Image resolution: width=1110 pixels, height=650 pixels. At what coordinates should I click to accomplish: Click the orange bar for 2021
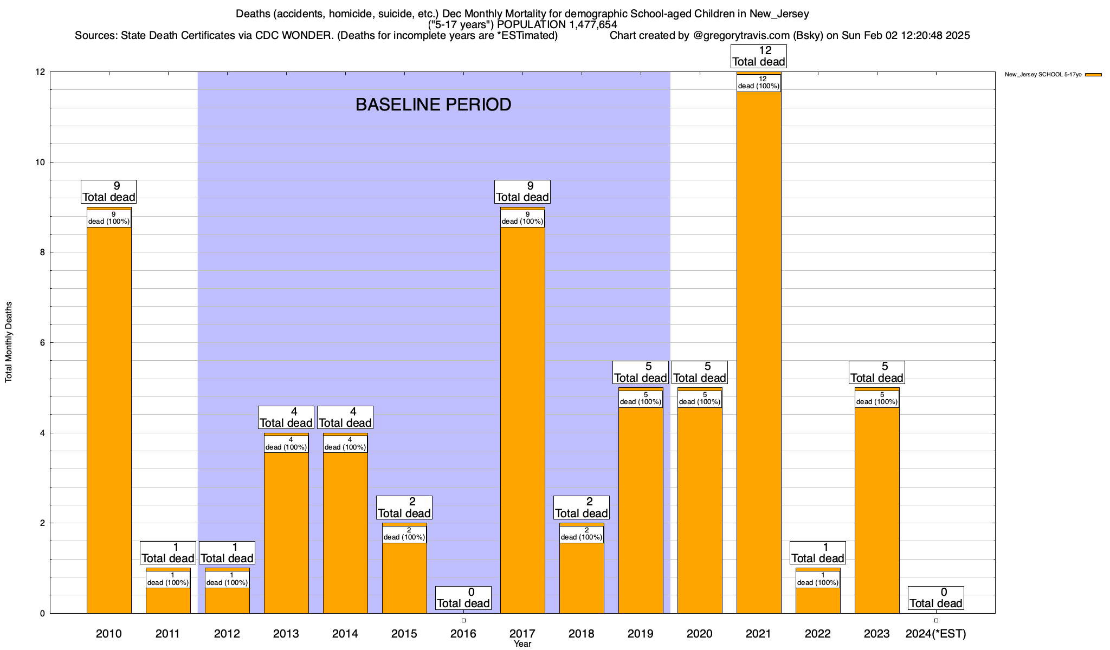(759, 352)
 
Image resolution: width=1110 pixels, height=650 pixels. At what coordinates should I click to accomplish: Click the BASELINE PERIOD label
(433, 105)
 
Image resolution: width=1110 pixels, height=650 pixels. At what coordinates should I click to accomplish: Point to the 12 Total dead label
(759, 56)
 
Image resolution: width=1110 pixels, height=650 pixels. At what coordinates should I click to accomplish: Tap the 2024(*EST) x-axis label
(936, 634)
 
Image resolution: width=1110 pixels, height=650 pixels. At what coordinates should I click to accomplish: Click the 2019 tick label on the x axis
(641, 634)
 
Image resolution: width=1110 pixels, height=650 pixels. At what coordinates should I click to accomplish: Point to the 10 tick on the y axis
(40, 162)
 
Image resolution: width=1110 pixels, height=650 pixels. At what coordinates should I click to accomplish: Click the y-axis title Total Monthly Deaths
(9, 342)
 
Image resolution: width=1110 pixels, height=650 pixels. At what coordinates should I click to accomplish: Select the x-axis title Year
(522, 644)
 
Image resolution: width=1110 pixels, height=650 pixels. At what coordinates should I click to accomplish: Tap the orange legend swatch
(1093, 75)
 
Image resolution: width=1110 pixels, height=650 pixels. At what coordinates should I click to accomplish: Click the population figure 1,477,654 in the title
(585, 24)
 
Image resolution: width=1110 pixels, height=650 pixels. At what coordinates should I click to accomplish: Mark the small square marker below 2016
(463, 620)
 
